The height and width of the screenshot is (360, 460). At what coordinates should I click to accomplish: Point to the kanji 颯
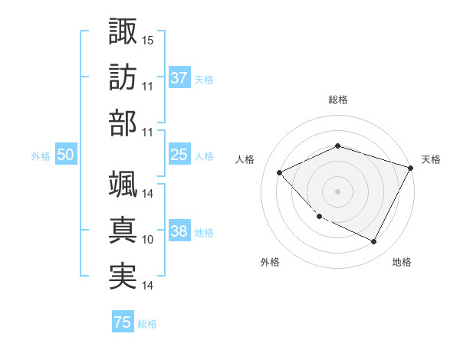123,184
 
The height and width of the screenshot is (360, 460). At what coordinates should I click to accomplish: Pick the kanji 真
123,230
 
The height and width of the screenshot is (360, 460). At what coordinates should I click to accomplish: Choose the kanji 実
123,276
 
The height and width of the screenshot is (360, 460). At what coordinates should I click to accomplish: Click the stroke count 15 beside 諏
148,39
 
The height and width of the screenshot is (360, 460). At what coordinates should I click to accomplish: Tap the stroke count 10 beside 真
148,240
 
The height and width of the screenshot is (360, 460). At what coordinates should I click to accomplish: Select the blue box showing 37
179,78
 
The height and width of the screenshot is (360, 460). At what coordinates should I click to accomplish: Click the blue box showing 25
179,155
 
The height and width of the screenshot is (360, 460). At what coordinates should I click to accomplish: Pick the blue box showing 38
179,232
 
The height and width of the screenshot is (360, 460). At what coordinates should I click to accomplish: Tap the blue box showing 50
66,155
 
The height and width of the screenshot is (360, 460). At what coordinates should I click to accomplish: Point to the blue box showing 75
123,322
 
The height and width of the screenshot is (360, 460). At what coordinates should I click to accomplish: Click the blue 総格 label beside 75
148,324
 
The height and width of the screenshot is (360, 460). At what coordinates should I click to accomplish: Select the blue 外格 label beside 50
41,156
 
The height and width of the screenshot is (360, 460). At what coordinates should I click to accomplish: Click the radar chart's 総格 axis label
338,100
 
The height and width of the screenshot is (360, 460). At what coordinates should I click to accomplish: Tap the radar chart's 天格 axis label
431,159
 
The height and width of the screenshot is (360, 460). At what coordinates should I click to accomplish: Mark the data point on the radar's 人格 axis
280,172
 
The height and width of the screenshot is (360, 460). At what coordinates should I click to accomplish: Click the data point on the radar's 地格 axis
374,242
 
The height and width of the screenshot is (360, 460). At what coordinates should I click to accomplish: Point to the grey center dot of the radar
338,191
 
